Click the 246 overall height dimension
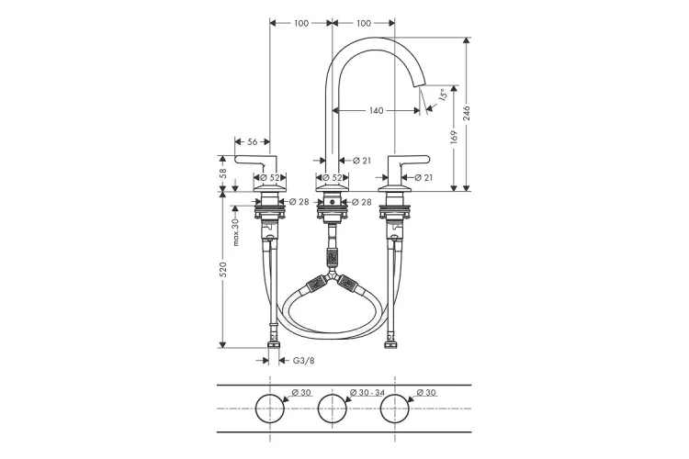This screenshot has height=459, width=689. (467, 113)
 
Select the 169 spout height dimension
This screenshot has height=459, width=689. (454, 137)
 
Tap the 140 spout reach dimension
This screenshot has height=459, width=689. (376, 111)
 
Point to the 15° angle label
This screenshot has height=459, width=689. (443, 95)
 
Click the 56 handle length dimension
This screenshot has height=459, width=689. (253, 142)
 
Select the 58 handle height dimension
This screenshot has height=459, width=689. (223, 174)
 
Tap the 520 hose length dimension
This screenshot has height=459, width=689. (223, 269)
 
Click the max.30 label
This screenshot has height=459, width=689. (236, 232)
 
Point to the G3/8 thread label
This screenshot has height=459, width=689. (304, 361)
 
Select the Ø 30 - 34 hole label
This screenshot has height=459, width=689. (367, 392)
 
